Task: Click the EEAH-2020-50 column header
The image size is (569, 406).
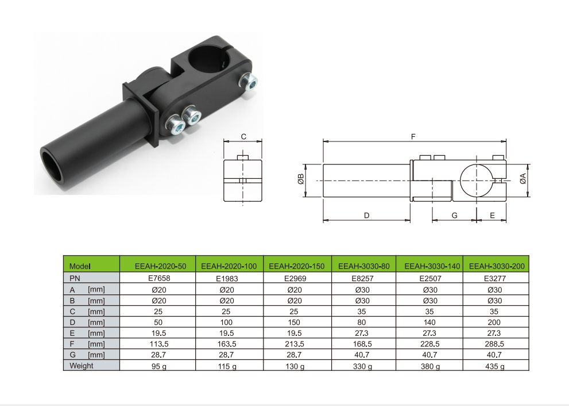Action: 160,266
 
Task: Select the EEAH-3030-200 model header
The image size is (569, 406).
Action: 497,266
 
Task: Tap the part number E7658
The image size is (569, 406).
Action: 159,278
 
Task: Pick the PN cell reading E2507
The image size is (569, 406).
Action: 431,278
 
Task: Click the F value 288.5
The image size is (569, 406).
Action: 494,344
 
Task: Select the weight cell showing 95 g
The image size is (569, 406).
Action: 159,366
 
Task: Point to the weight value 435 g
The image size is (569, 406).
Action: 494,366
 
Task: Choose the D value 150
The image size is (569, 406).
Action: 294,323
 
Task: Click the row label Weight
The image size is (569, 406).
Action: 82,366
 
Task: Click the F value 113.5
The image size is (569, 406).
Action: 159,344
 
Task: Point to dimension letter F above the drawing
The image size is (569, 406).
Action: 413,137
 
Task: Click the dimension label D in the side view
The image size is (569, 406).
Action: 366,216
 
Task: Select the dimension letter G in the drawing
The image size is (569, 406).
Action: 454,216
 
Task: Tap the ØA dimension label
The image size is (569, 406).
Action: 523,179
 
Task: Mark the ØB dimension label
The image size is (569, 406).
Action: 301,179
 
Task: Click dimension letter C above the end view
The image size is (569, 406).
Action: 243,137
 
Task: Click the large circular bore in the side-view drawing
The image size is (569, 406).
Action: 476,181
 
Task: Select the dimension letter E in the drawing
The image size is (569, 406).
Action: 493,216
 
